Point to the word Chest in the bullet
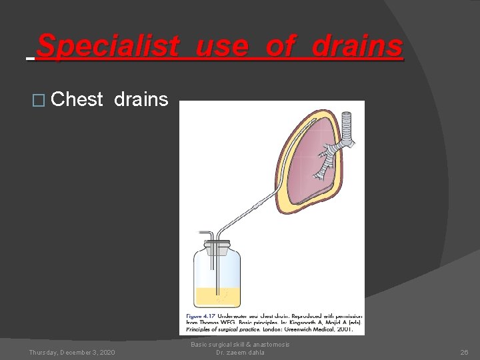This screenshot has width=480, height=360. pos(77,100)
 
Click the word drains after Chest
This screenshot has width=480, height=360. pos(141,100)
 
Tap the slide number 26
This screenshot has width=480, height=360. pos(465,352)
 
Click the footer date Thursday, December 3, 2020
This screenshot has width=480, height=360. pos(71,352)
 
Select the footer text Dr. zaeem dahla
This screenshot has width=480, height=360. pos(240,353)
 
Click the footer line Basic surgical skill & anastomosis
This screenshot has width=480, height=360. pos(240,345)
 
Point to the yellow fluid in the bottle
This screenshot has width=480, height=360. pos(217,296)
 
